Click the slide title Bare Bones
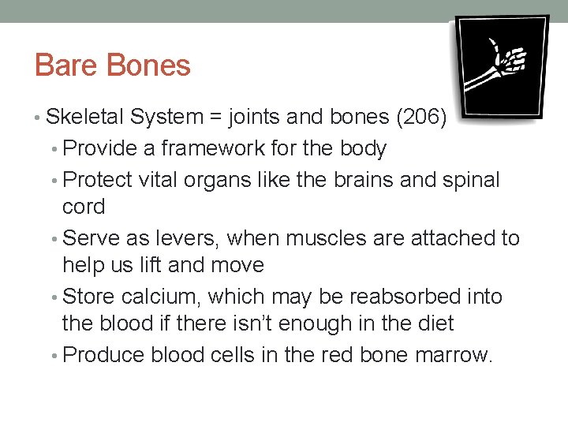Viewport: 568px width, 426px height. coord(113,65)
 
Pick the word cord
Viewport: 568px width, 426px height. coord(83,207)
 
